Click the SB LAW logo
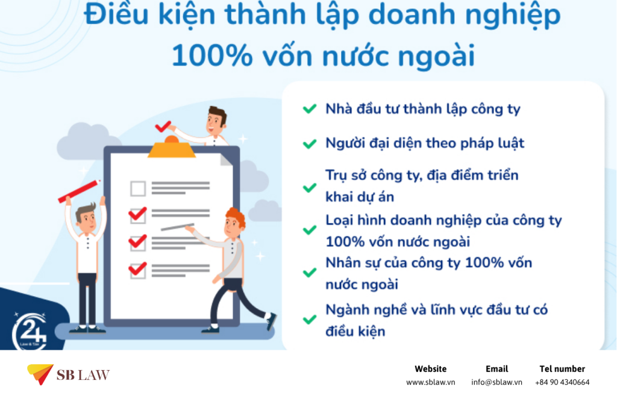[x=68, y=374]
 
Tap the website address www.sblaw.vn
[x=430, y=382]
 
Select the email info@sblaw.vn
[x=496, y=382]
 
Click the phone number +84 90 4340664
[x=562, y=382]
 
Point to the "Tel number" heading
[x=562, y=369]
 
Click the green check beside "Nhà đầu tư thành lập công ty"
[x=310, y=109]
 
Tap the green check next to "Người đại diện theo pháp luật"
[x=310, y=144]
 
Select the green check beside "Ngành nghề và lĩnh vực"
[x=310, y=319]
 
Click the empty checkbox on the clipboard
[x=138, y=189]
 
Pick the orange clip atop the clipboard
[x=172, y=147]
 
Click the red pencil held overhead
[x=79, y=191]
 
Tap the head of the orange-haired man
[x=234, y=223]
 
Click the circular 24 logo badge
[x=30, y=332]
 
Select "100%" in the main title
[x=212, y=55]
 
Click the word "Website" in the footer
[x=430, y=369]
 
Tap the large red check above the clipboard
[x=163, y=126]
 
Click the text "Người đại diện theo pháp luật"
[x=425, y=144]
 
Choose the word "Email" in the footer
[x=496, y=369]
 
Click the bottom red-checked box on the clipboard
[x=138, y=270]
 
